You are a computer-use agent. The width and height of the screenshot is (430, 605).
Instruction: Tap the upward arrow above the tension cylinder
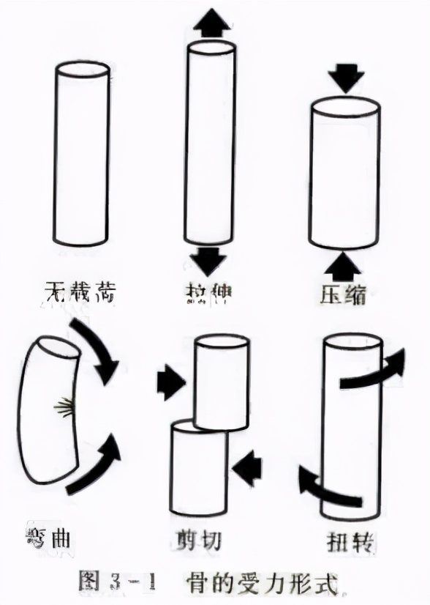[211, 24]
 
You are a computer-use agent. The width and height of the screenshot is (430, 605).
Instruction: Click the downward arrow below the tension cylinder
[211, 261]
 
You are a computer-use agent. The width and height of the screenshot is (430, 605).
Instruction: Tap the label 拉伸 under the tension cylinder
[208, 294]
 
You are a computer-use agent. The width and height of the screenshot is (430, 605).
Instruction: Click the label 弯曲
[45, 538]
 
